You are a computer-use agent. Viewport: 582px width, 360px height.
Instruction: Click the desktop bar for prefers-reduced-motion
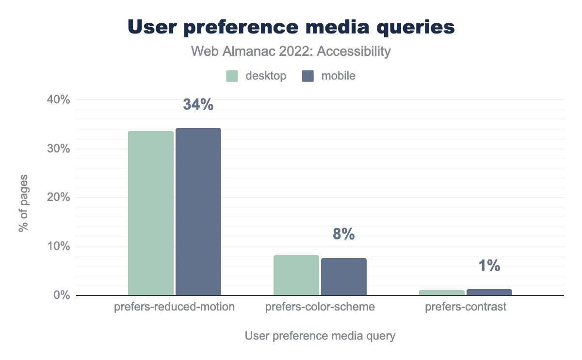point(151,213)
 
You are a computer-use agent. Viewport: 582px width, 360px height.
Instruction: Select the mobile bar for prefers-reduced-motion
point(198,212)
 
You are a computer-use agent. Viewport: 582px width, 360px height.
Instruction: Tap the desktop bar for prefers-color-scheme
point(296,275)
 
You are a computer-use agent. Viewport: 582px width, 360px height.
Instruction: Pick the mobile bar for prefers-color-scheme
point(344,277)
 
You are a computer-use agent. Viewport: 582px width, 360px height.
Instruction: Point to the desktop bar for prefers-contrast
point(442,293)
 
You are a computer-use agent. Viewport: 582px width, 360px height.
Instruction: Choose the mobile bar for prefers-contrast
point(489,292)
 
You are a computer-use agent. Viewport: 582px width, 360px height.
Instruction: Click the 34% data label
point(198,105)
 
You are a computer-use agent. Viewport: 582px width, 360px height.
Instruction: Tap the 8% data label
point(343,235)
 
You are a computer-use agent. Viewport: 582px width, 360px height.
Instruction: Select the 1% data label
point(489,266)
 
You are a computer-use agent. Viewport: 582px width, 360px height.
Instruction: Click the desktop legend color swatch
point(232,76)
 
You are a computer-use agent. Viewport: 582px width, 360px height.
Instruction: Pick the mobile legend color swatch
point(308,76)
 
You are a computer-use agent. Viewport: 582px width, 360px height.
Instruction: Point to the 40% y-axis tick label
point(58,100)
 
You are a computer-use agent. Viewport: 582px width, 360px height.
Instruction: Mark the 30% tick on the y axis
point(58,149)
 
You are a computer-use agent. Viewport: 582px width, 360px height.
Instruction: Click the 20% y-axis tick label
point(58,198)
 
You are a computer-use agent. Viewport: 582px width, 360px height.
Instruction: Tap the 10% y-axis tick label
point(58,247)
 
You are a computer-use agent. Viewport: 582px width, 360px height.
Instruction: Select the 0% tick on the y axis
point(61,295)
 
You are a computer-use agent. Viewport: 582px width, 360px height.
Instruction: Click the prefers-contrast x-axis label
point(466,307)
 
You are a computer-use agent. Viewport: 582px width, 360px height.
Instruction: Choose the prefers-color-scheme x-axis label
point(320,307)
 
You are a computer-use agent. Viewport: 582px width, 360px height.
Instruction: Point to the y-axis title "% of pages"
point(23,202)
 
